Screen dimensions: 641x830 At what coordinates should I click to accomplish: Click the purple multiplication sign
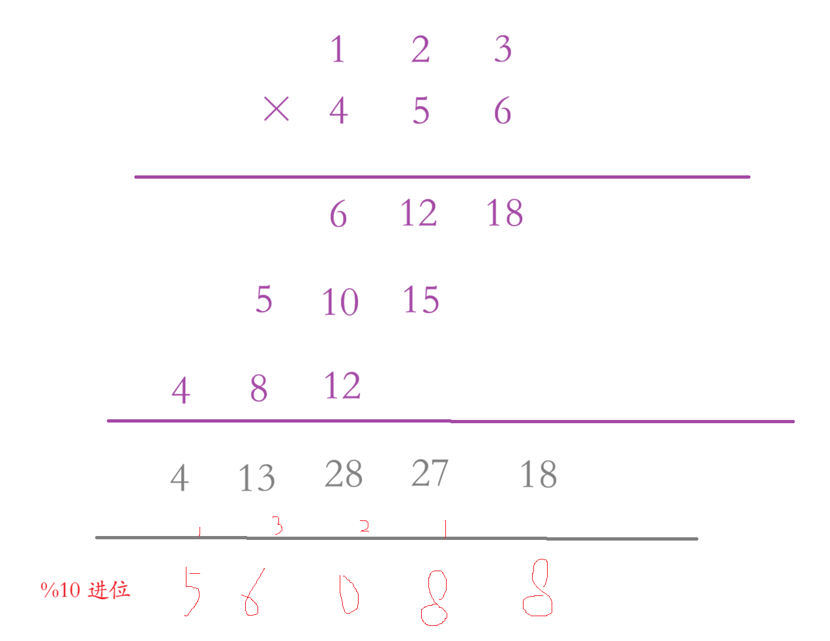(276, 109)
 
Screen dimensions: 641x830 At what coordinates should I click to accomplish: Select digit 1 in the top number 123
(337, 50)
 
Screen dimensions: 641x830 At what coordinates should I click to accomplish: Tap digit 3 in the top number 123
(502, 50)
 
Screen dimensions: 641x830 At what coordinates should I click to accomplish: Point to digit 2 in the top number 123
(421, 50)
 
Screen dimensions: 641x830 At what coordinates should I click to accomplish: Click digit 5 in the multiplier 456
(421, 110)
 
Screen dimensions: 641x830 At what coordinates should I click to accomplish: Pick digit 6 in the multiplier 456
(502, 110)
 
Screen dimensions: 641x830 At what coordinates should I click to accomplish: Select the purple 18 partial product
(505, 213)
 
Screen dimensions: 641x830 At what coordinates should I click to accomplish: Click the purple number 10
(340, 302)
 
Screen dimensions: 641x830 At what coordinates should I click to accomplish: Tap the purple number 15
(421, 300)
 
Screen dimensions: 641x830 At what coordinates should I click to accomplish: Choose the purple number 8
(259, 389)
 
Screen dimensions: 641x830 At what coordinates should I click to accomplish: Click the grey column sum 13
(256, 479)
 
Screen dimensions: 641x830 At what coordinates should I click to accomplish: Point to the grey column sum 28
(343, 474)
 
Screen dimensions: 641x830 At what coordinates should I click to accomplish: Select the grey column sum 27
(430, 474)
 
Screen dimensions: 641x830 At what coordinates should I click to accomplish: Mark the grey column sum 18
(538, 475)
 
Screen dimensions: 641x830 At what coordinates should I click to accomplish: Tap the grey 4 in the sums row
(179, 479)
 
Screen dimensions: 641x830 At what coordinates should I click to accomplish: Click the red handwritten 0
(349, 593)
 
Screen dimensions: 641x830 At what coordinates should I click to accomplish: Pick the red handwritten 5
(192, 591)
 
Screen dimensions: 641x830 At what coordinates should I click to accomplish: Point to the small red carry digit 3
(277, 525)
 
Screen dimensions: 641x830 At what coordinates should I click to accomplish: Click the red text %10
(61, 590)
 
